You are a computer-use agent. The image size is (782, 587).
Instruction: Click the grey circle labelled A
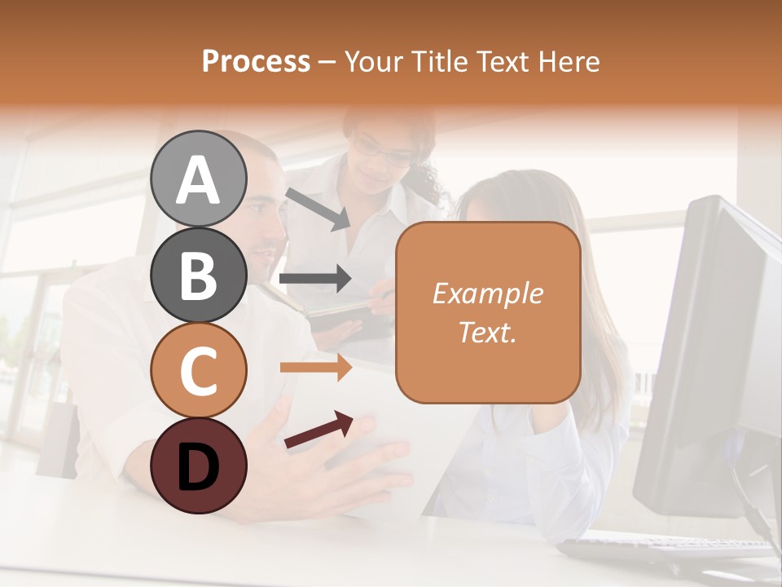pos(198,179)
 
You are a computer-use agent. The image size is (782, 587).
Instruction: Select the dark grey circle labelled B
pos(198,275)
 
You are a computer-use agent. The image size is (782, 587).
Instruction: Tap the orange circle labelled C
pos(198,371)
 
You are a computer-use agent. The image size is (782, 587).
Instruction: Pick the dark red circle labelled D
pos(198,466)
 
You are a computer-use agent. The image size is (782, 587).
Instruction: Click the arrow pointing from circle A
pos(318,209)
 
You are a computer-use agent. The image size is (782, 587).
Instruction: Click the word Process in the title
pos(256,61)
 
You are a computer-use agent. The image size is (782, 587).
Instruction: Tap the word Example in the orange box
pos(487,293)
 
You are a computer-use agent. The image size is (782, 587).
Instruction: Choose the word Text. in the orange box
pos(487,332)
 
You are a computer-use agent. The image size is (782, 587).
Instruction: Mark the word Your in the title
pos(372,61)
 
